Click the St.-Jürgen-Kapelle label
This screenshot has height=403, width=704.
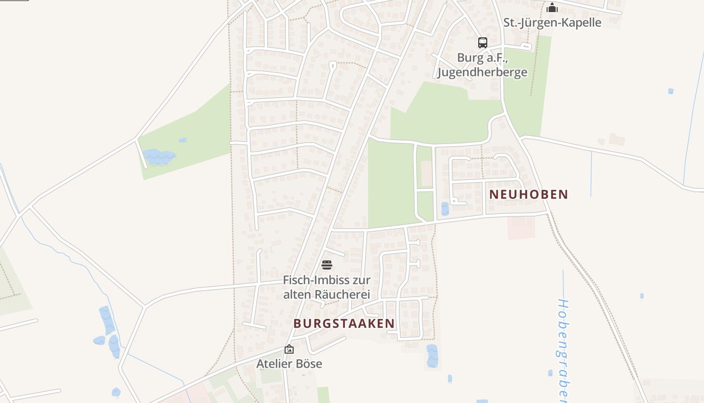[552, 23]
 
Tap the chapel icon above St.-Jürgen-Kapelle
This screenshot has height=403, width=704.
[552, 8]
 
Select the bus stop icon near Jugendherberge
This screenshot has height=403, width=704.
[483, 43]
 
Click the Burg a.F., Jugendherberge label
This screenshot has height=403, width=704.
[482, 65]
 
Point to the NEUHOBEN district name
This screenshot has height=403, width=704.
[529, 194]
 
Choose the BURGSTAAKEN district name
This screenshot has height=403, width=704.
[344, 323]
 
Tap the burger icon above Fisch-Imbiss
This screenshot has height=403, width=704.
[327, 265]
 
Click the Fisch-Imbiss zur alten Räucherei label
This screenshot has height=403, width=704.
[327, 287]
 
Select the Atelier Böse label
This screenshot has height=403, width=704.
[289, 364]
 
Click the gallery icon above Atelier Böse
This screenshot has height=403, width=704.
[289, 349]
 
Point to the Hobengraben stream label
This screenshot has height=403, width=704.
[563, 348]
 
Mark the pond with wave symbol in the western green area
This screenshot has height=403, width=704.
[159, 157]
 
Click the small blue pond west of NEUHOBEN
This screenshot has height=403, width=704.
[445, 209]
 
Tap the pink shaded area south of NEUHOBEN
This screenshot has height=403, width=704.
[520, 228]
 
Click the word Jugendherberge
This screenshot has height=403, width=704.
[482, 72]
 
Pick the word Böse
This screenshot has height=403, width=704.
[308, 364]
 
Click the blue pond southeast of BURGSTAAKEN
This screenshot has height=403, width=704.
[432, 356]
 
